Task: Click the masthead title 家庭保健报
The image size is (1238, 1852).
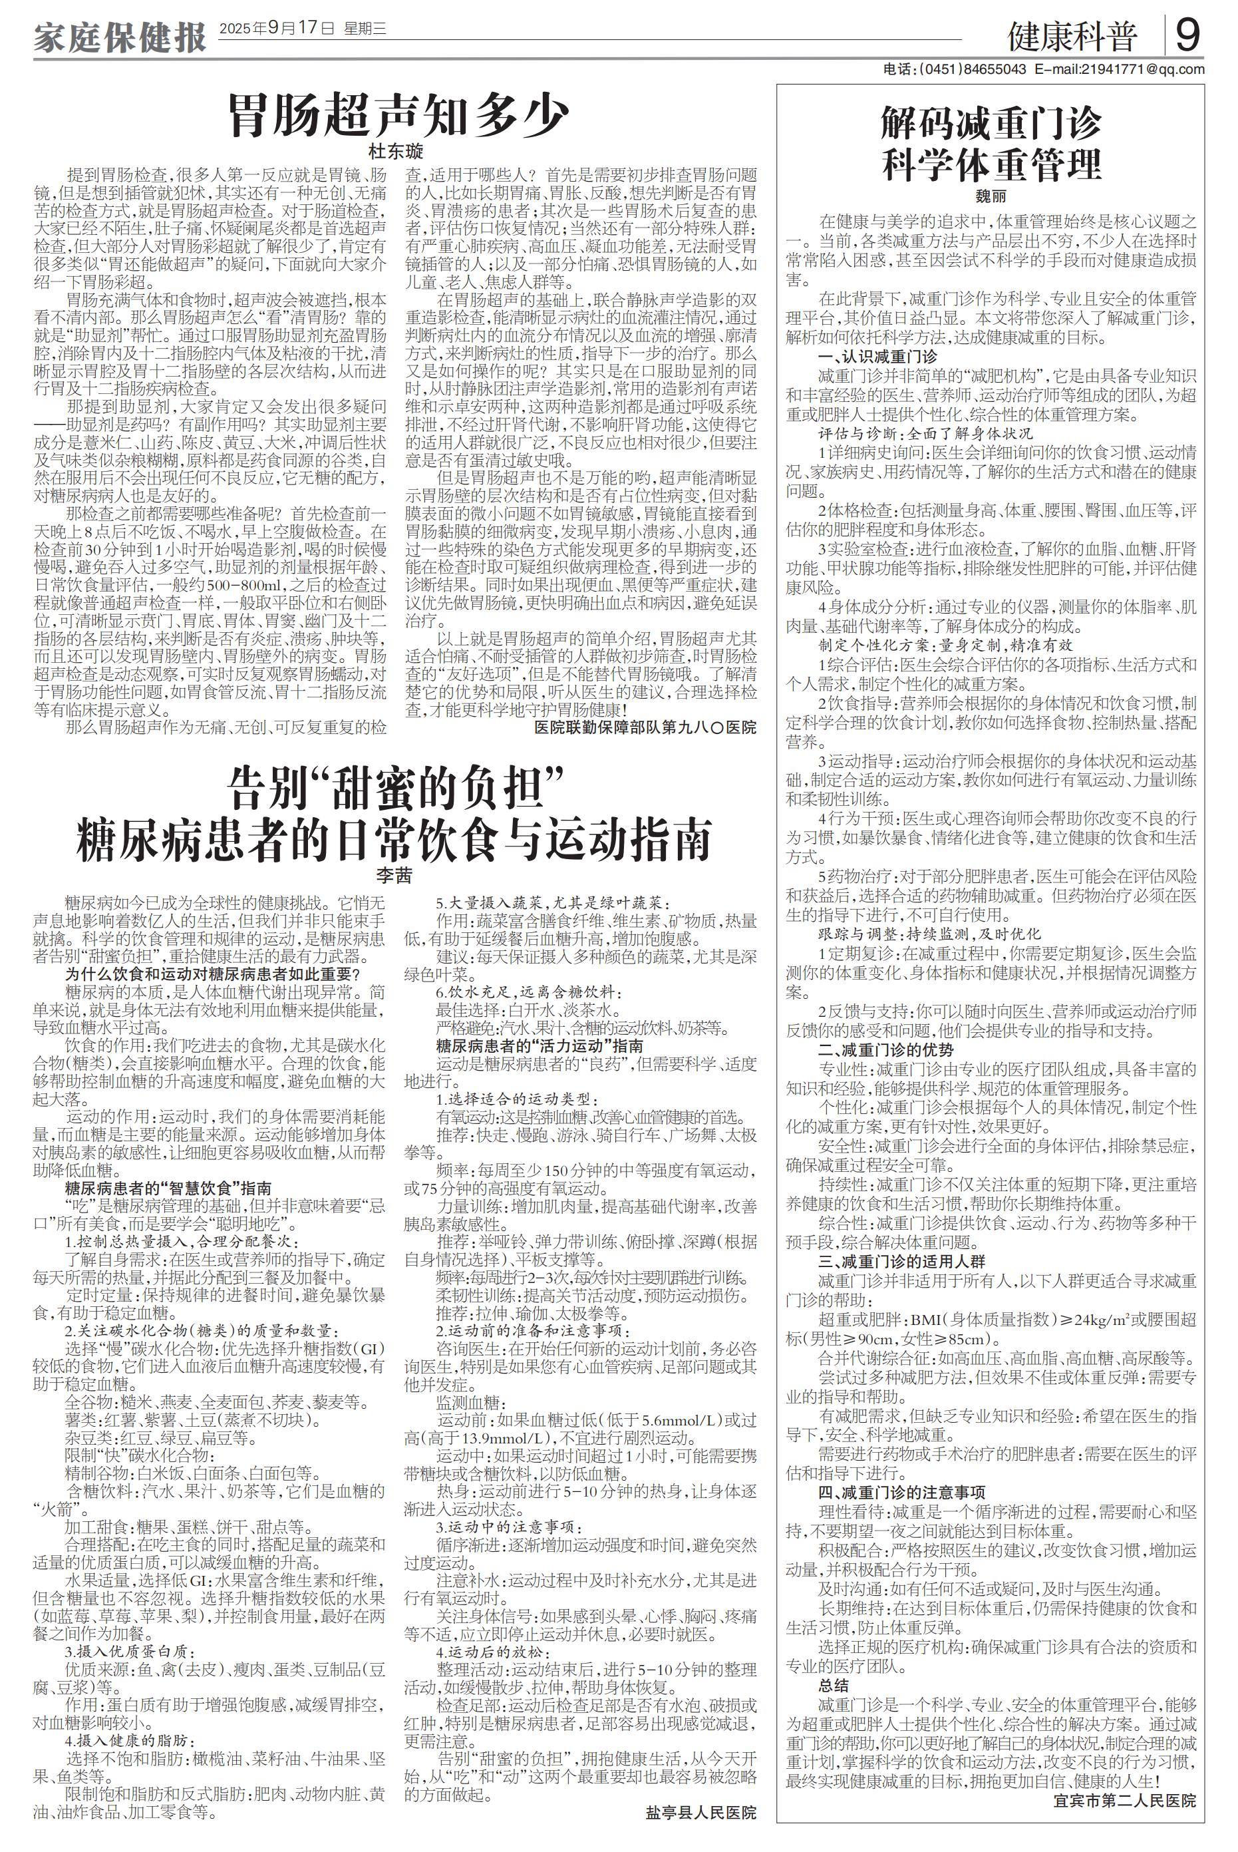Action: [x=119, y=37]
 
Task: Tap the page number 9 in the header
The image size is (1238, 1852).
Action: [x=1188, y=35]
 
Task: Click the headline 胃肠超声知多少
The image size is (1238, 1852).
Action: [x=398, y=116]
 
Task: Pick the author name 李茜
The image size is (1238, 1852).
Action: [x=394, y=875]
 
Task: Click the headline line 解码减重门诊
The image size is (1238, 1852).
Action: [x=991, y=124]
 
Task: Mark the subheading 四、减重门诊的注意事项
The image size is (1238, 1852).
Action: [x=901, y=1492]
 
